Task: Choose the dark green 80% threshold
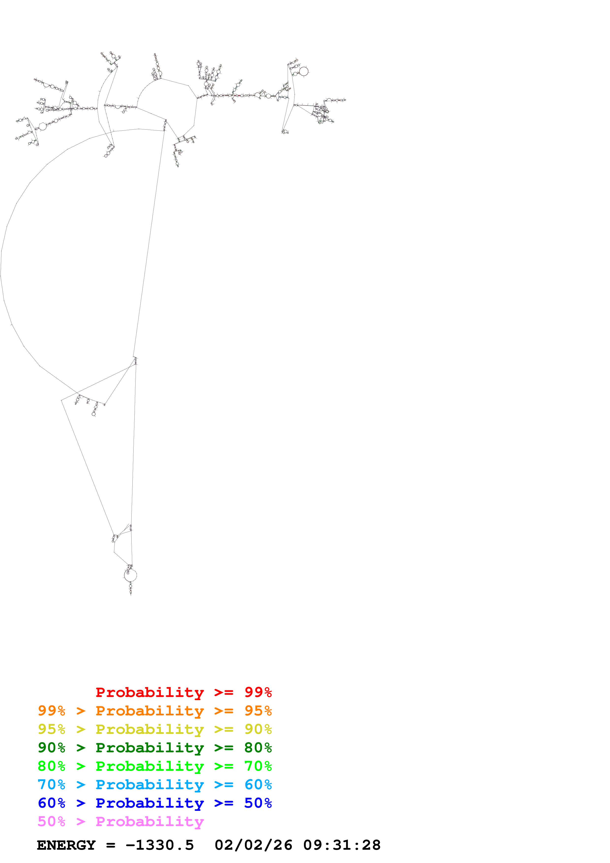(258, 748)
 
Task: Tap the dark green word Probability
(150, 748)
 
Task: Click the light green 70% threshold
(258, 766)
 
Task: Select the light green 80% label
(51, 766)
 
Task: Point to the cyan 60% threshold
(258, 785)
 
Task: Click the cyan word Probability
(150, 785)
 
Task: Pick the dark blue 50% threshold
(258, 803)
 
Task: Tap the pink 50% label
(51, 822)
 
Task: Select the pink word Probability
(150, 822)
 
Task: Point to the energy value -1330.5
(160, 845)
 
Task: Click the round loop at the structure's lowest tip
(130, 575)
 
